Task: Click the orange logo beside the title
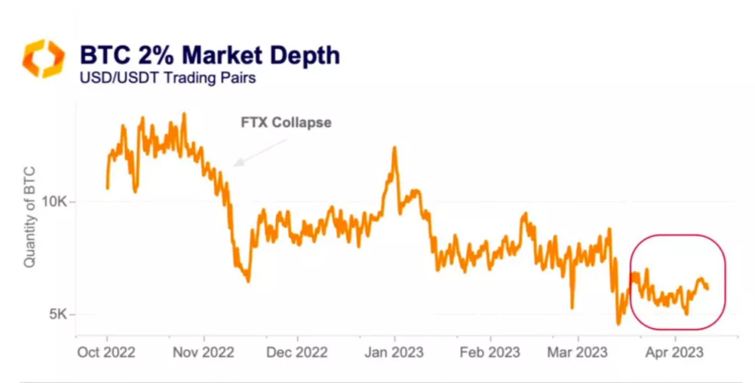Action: tap(43, 58)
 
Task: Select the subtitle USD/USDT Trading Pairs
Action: tap(168, 78)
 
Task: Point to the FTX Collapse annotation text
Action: tap(286, 123)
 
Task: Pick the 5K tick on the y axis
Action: tap(60, 314)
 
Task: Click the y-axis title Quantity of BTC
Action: tap(29, 216)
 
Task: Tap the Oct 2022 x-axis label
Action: tap(106, 353)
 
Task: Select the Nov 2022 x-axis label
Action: tap(204, 353)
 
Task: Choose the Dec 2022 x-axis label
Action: tap(297, 353)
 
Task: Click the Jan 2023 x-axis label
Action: tap(394, 353)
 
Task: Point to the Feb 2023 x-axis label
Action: tap(490, 353)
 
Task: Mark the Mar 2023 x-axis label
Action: tap(577, 353)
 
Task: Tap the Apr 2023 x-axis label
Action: tap(675, 353)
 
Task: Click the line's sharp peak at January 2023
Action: tap(394, 147)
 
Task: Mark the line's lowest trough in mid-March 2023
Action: tap(619, 323)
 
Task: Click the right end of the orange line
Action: tap(708, 287)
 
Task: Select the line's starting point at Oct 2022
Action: tap(108, 188)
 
